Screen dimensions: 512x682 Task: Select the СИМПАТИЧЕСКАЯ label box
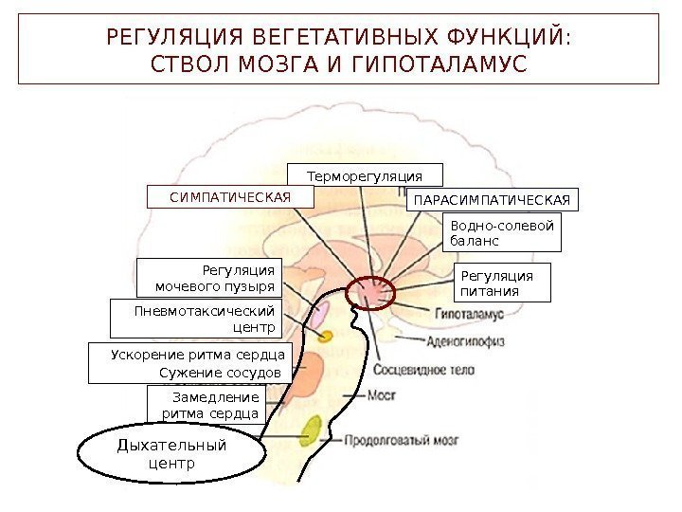[x=230, y=196]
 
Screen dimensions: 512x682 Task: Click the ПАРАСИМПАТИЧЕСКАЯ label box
[x=491, y=201]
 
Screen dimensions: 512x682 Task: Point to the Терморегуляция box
[x=365, y=176]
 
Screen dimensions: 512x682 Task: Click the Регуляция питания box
[x=504, y=283]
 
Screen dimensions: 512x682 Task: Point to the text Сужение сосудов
[x=221, y=373]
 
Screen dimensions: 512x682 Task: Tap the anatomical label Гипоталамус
[x=467, y=314]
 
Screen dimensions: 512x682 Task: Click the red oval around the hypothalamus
[x=373, y=293]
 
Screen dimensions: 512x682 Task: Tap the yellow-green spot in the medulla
[x=311, y=432]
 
